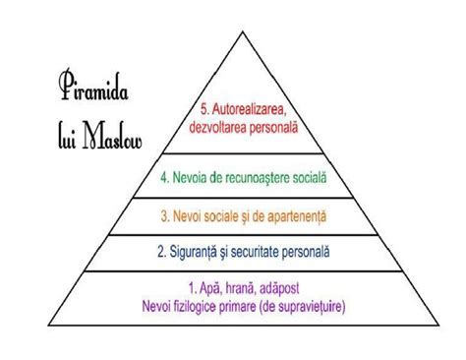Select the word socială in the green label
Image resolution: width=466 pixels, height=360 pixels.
pos(326,179)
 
